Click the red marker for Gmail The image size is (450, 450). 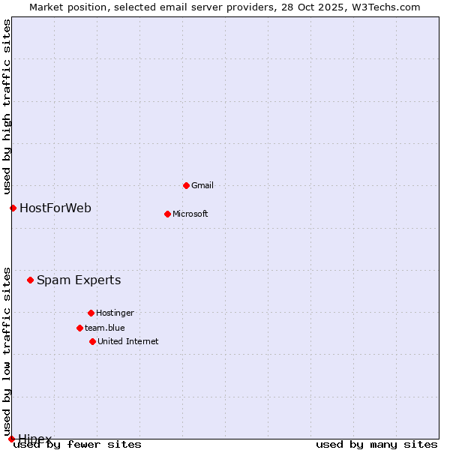[186, 185]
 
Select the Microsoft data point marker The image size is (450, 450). [167, 214]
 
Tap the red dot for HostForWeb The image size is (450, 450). [13, 208]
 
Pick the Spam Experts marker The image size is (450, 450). [30, 280]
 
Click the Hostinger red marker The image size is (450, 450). [91, 313]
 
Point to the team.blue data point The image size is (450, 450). [79, 328]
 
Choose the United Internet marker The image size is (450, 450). [92, 341]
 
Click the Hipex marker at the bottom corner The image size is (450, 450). [11, 439]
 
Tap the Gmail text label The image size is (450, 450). [203, 185]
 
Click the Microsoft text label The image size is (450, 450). [190, 214]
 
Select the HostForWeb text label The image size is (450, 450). [55, 208]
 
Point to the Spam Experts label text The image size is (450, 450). [79, 280]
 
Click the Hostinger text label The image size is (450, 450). [115, 313]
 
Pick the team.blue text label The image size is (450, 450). [105, 328]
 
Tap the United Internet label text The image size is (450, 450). [128, 341]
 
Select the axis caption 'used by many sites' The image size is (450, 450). [376, 444]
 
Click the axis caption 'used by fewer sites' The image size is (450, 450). [78, 444]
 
